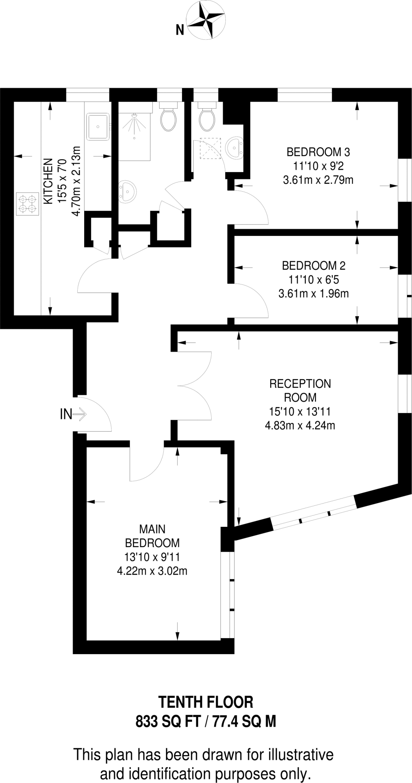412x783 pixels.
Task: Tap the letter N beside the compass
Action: (x=180, y=30)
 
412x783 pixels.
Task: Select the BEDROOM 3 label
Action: (x=318, y=152)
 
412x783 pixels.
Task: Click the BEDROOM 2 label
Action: (x=313, y=265)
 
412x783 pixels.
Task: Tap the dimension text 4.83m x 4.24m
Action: (x=300, y=425)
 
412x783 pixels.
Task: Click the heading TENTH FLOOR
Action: (x=205, y=702)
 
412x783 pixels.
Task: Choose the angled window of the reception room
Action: (x=314, y=513)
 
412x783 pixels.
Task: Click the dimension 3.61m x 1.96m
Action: (x=313, y=294)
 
